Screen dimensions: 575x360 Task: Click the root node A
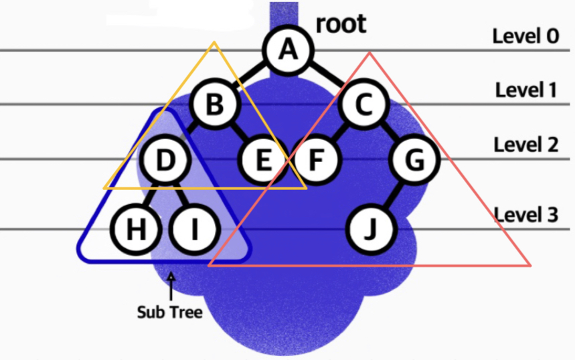coord(288,51)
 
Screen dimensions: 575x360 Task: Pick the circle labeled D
coord(165,160)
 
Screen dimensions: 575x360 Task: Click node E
coord(263,161)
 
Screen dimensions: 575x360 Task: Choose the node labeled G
coord(415,161)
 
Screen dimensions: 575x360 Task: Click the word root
coord(341,24)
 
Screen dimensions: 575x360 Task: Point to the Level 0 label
coord(525,35)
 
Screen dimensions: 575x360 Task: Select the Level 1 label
coord(526,90)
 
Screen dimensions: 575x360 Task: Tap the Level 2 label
coord(526,144)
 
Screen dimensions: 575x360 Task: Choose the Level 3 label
coord(526,214)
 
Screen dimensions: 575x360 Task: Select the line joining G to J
coord(394,195)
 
